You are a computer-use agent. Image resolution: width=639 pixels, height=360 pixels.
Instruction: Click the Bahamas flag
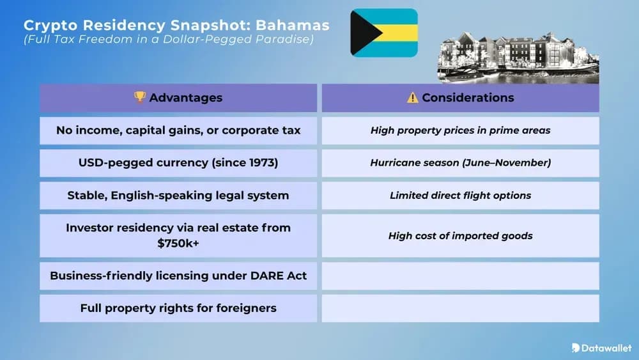(384, 33)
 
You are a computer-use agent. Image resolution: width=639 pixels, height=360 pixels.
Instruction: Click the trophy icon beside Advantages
(139, 97)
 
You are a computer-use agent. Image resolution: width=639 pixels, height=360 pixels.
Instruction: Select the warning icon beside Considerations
(413, 98)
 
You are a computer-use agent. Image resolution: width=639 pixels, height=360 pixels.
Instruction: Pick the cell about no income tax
(178, 130)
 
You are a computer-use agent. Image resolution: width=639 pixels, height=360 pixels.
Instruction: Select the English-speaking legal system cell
(178, 196)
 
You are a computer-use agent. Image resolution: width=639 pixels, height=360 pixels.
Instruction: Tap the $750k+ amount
(178, 243)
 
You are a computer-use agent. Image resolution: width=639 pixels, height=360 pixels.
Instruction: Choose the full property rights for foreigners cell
(178, 308)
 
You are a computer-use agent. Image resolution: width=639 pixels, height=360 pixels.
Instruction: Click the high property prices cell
(460, 130)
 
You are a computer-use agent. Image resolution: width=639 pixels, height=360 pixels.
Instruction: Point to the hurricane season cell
(460, 163)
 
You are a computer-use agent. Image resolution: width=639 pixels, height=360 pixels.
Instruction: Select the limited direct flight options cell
(460, 196)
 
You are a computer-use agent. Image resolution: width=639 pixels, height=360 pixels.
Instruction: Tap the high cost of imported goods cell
(460, 236)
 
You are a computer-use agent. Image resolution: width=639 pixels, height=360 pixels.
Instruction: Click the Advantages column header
(178, 98)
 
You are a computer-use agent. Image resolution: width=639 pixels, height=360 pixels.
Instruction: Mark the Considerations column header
(460, 98)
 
